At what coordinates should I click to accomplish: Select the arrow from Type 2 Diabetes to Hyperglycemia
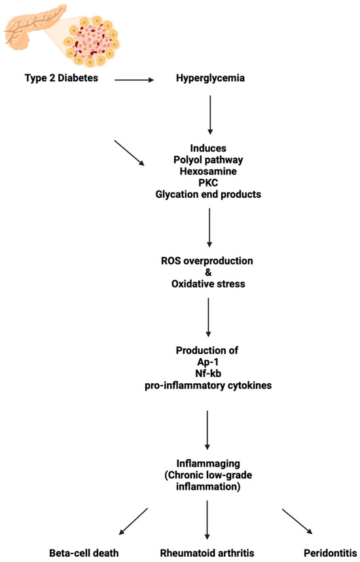134,81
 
